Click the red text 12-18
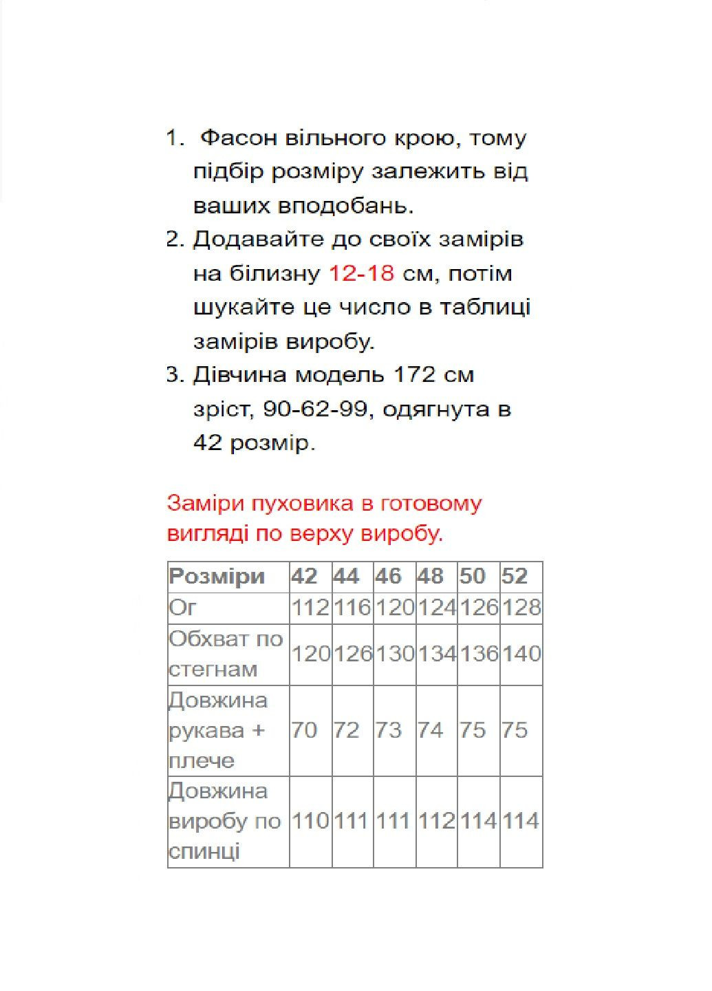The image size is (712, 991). pos(361,274)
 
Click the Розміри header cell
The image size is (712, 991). pos(217,576)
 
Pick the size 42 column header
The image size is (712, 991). pos(304,576)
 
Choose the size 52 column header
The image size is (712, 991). pos(514,576)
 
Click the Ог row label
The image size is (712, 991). pos(183,608)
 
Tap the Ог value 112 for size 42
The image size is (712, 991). pos(311,608)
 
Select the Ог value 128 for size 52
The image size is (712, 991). pos(521,608)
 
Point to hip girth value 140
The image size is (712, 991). pos(521,654)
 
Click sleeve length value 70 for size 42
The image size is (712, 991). pos(304,730)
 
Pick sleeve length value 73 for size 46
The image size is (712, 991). pos(388,730)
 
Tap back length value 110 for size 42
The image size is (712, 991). pos(311,821)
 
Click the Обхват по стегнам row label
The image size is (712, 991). pos(226,654)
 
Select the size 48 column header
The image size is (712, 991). pos(430,576)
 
